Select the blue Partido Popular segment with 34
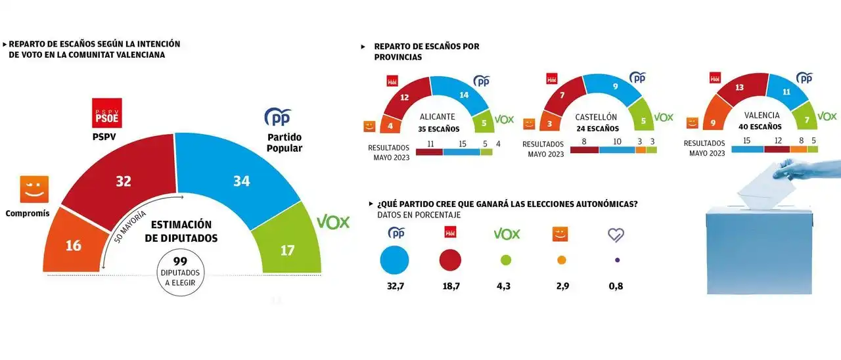(x=241, y=181)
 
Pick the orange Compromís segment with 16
(x=73, y=246)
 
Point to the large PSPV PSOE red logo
(x=105, y=112)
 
